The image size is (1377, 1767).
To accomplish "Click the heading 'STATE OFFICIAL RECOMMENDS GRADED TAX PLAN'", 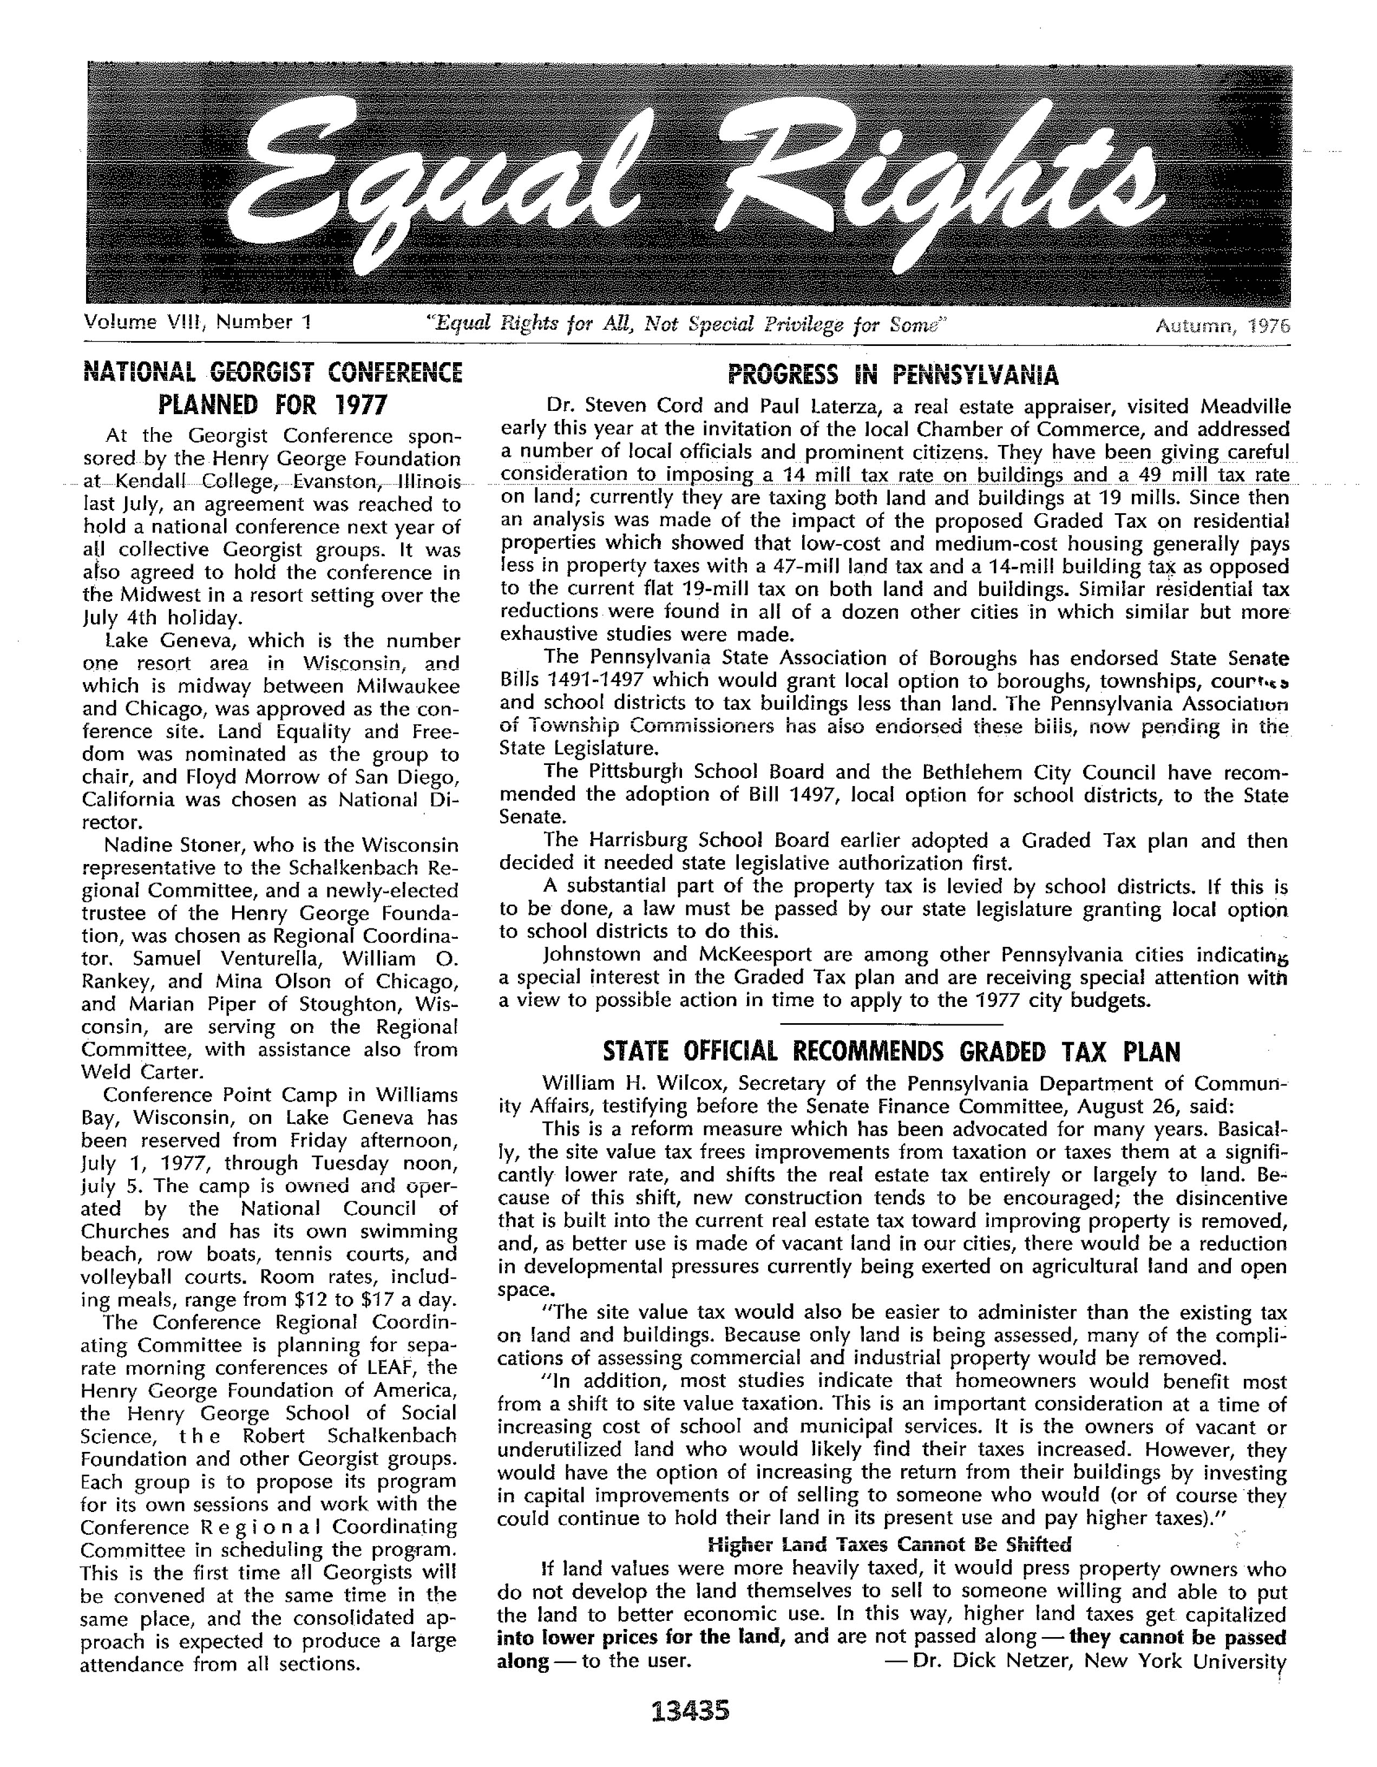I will [x=893, y=1052].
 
